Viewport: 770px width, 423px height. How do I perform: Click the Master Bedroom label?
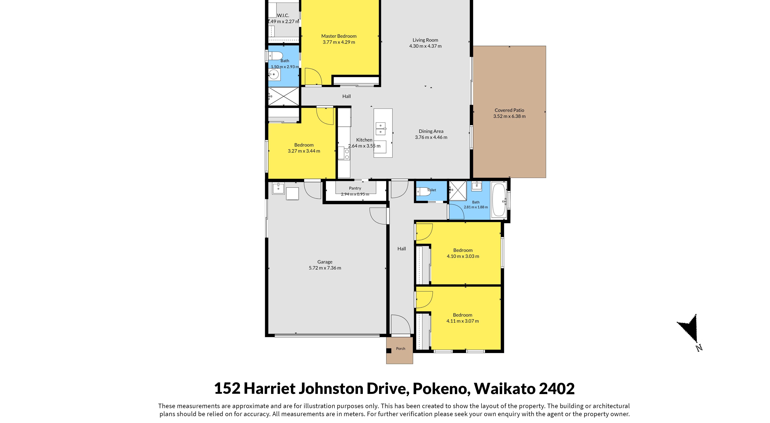[339, 36]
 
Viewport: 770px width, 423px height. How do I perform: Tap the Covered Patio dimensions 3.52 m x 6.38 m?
[509, 116]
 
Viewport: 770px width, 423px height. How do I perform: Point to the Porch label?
[401, 349]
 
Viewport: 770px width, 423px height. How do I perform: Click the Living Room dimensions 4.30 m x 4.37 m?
[425, 46]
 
